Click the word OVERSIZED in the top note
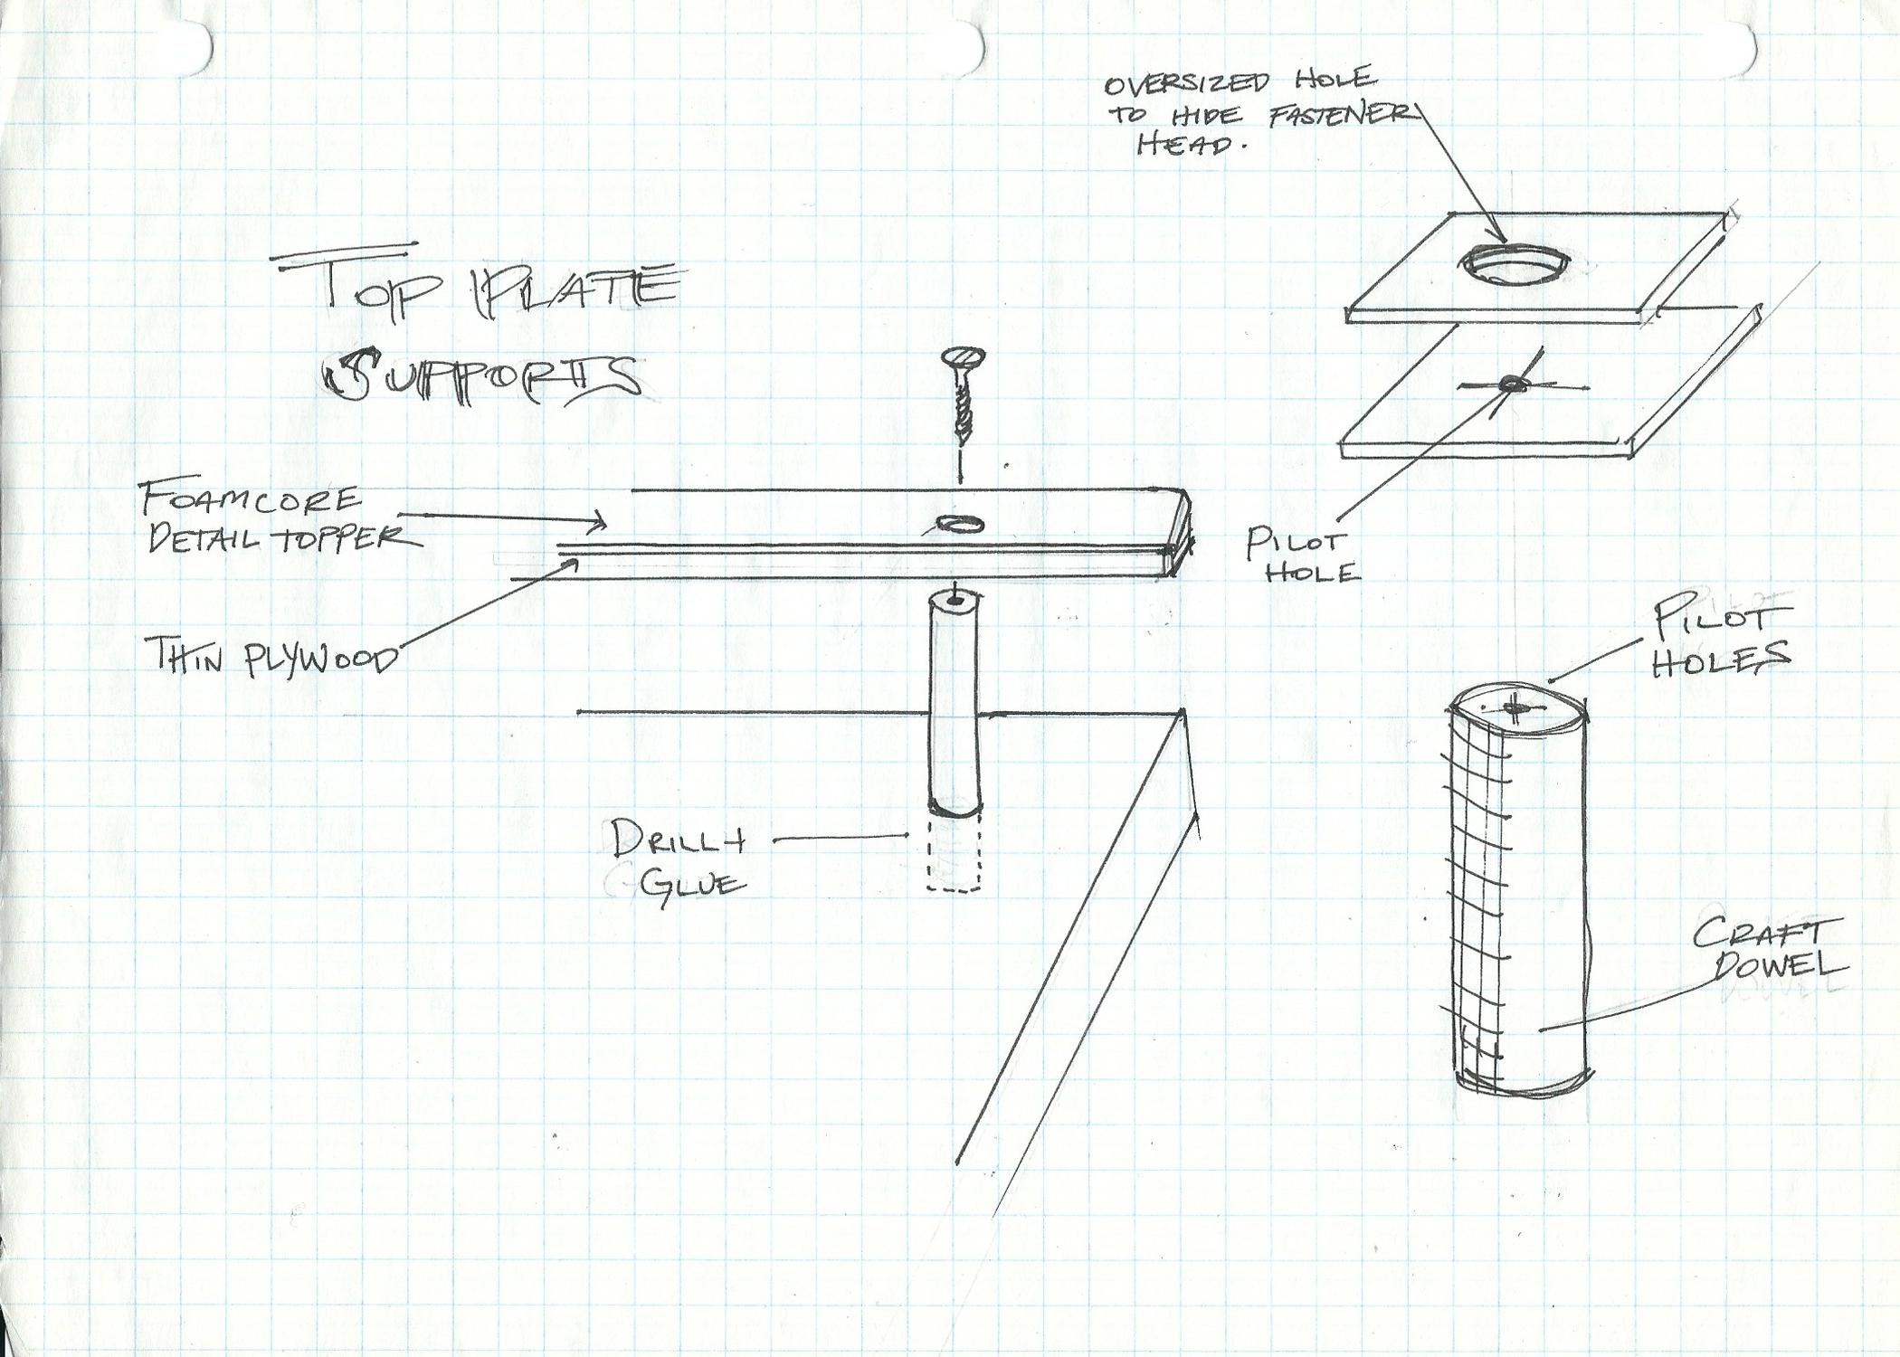click(x=1186, y=83)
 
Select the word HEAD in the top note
click(x=1184, y=145)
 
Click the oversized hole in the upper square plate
click(x=1514, y=264)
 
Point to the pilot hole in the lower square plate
click(x=1510, y=385)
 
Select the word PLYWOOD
click(x=320, y=658)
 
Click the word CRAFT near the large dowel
click(x=1756, y=933)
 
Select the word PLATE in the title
click(x=571, y=287)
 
